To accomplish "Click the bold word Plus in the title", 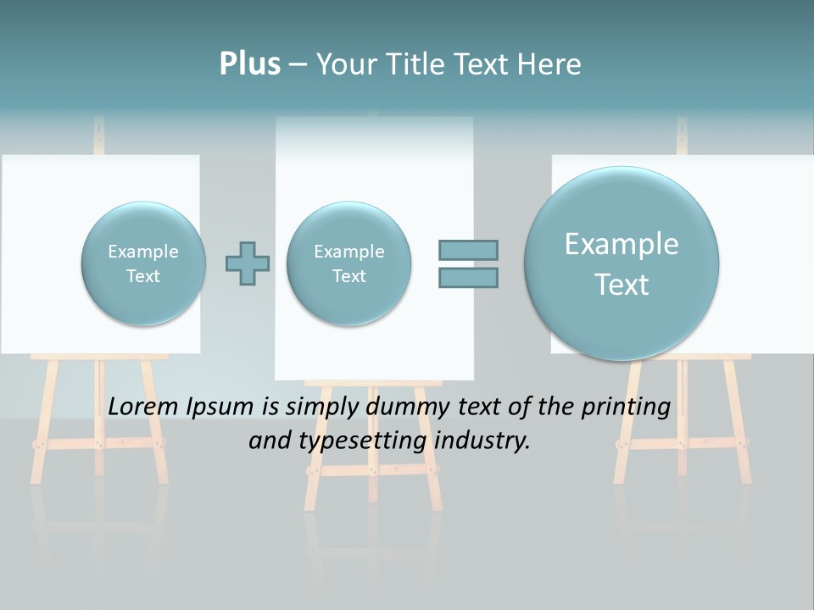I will pyautogui.click(x=249, y=64).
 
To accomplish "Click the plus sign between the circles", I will pyautogui.click(x=248, y=263).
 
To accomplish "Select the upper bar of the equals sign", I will pyautogui.click(x=468, y=250).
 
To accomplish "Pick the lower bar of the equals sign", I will pyautogui.click(x=468, y=277).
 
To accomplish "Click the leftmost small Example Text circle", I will pyautogui.click(x=143, y=263).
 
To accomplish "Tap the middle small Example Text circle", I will pyautogui.click(x=348, y=263).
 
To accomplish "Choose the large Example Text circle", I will pyautogui.click(x=622, y=263).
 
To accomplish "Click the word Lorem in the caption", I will pyautogui.click(x=145, y=407).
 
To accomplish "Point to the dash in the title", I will pyautogui.click(x=298, y=64).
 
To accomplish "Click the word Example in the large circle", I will pyautogui.click(x=622, y=244).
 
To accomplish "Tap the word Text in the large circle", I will pyautogui.click(x=622, y=285).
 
